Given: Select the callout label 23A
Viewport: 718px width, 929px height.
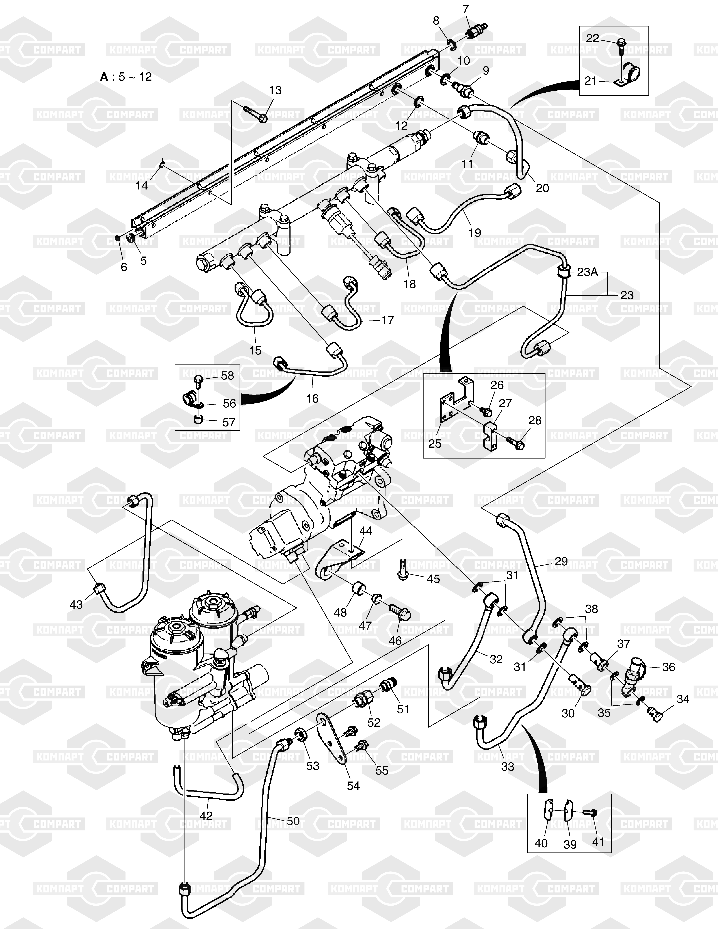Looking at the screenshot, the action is pyautogui.click(x=587, y=272).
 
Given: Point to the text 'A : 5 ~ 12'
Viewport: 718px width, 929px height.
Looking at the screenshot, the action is pyautogui.click(x=126, y=77).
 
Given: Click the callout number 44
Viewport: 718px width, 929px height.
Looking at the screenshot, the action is pyautogui.click(x=366, y=531).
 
